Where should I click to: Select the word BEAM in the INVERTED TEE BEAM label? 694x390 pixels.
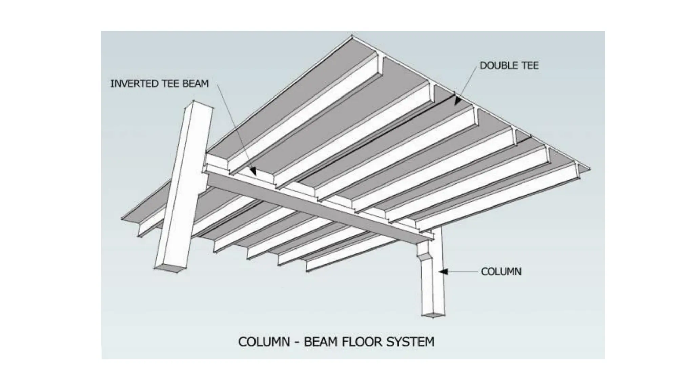[x=196, y=84]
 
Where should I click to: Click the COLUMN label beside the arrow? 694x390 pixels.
[x=501, y=272]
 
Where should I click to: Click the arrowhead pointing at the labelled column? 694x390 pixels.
[x=444, y=272]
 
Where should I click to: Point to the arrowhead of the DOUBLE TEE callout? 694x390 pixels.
[x=458, y=101]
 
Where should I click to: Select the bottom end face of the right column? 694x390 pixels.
[x=433, y=316]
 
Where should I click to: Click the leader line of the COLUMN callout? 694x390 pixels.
[x=463, y=272]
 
